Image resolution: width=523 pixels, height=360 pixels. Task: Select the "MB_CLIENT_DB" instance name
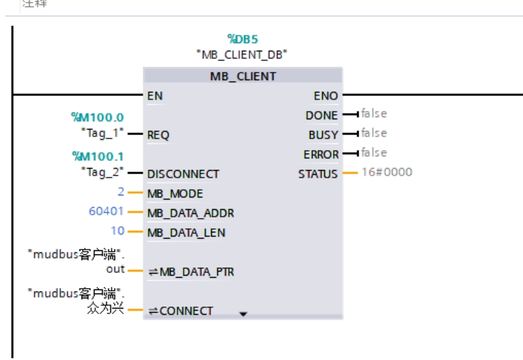(242, 53)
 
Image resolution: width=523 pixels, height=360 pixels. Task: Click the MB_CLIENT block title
(243, 76)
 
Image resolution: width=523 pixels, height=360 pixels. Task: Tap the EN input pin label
(155, 95)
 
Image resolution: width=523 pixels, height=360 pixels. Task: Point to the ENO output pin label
(326, 95)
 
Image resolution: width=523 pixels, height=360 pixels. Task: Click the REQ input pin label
(158, 135)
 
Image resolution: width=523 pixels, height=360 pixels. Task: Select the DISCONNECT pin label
(183, 173)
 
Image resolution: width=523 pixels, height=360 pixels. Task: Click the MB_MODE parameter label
(175, 193)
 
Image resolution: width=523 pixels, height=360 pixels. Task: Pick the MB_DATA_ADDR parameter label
(191, 213)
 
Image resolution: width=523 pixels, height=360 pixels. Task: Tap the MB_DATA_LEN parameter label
(186, 232)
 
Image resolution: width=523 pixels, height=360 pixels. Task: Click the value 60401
(106, 211)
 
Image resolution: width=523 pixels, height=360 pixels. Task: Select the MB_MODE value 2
(121, 192)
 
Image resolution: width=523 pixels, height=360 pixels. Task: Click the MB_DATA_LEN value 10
(117, 231)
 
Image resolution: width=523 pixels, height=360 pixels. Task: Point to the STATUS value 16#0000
(387, 172)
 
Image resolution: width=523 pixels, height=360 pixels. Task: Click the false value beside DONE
(374, 114)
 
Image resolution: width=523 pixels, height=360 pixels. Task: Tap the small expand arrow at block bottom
(243, 315)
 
